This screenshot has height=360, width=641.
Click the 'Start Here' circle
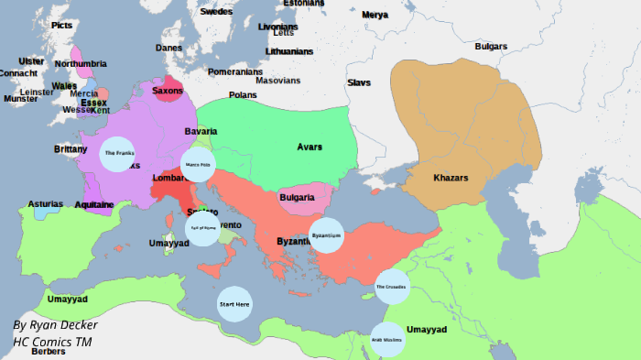pos(234,303)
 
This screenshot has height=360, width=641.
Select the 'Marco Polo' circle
pos(198,165)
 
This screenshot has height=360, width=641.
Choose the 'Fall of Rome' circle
pos(202,229)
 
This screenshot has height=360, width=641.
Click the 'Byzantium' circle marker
pos(327,235)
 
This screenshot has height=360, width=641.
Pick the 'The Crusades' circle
pos(392,287)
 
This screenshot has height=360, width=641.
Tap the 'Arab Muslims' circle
pos(386,339)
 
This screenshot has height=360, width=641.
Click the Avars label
pos(310,147)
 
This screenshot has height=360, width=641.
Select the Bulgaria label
pos(298,198)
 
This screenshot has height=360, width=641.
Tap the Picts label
pos(62,25)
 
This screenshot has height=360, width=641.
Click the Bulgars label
pos(491,46)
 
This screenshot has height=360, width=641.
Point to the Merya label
pos(375,15)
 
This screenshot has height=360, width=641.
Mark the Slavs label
pos(359,82)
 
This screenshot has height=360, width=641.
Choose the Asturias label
pos(46,203)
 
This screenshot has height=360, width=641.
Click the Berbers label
pos(48,352)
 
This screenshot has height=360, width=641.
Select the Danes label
pos(168,48)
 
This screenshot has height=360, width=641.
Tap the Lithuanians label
pos(290,51)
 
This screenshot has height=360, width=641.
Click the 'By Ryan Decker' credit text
pos(55,325)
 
